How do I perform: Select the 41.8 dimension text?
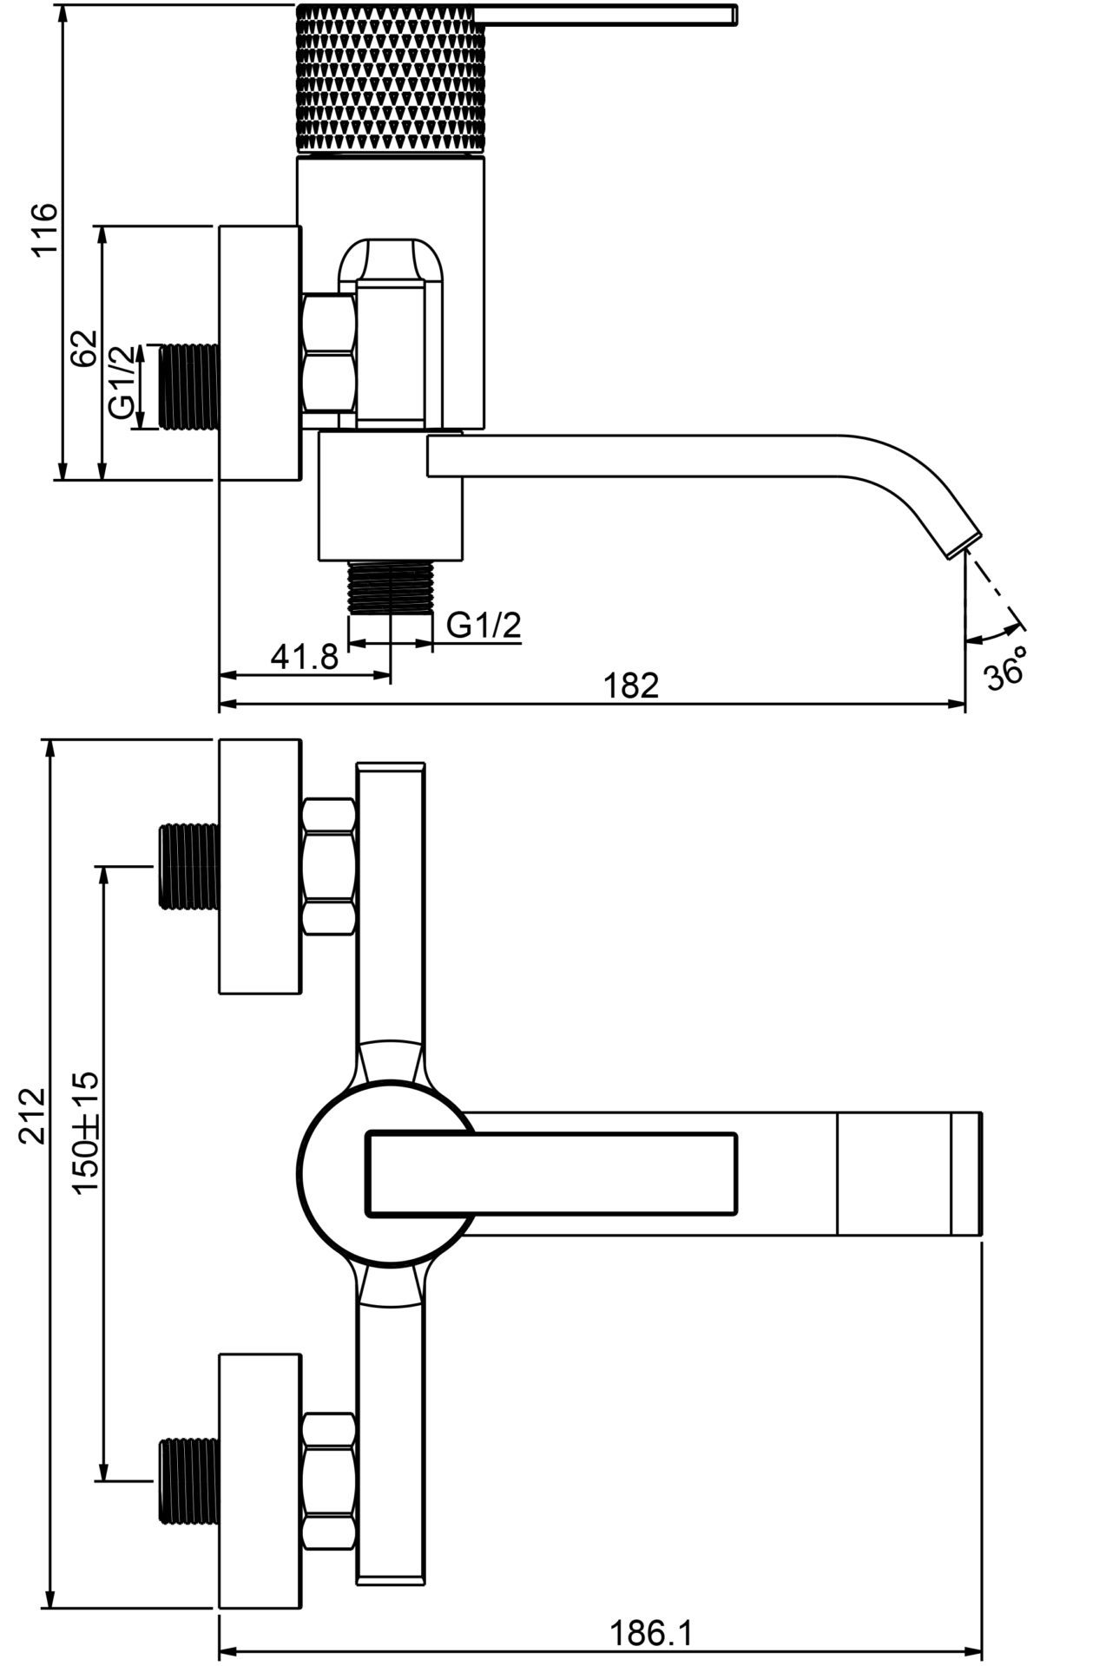click(304, 657)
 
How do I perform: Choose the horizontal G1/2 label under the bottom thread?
click(484, 625)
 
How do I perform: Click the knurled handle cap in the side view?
click(390, 79)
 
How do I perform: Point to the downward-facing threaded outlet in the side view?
click(390, 587)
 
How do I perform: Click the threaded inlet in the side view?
click(188, 387)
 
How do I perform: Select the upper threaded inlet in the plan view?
click(188, 866)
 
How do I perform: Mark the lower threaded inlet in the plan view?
click(188, 1481)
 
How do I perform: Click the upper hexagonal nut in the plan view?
click(330, 866)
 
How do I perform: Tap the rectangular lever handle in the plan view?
click(553, 1174)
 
